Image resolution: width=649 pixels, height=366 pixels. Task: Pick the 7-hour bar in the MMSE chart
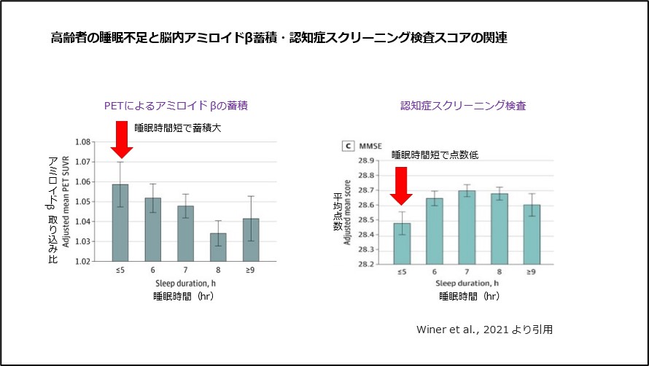click(467, 227)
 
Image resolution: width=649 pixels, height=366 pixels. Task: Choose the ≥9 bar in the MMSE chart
click(532, 234)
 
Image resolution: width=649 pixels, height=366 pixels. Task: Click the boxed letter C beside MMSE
click(349, 146)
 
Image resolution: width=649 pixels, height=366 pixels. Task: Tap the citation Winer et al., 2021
click(483, 330)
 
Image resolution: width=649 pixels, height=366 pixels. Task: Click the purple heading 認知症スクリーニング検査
click(463, 106)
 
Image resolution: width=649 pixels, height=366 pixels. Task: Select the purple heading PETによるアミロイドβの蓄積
click(176, 106)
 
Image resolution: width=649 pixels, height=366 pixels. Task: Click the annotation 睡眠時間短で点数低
click(435, 155)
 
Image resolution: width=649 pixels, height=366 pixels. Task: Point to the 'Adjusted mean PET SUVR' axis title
click(66, 201)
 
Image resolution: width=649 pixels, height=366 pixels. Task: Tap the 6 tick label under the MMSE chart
click(434, 271)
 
